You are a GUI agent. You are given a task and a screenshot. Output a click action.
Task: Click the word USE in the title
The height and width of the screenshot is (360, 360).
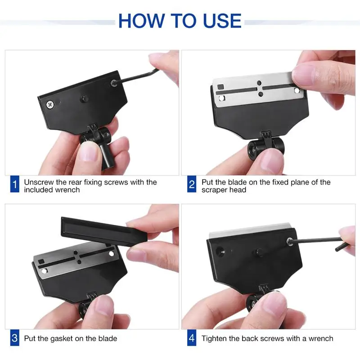(222, 21)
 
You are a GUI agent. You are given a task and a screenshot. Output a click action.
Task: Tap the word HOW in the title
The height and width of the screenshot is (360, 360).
(142, 21)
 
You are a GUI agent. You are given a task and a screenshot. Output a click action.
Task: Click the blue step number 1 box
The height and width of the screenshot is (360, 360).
(15, 184)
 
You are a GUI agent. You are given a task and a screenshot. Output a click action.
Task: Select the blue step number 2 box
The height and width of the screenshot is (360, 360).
(192, 184)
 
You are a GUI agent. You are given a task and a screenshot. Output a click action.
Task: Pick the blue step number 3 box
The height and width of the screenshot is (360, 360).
(15, 338)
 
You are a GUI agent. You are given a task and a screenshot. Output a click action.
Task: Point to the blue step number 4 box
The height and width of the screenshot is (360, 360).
(192, 338)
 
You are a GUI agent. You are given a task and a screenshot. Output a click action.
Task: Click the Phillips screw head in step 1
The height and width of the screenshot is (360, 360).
(50, 105)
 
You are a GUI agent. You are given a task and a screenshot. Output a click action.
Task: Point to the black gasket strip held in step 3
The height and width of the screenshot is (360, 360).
(103, 231)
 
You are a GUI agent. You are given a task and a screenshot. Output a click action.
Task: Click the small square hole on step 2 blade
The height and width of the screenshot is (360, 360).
(220, 87)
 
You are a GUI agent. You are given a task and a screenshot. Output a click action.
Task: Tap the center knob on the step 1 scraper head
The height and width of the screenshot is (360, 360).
(85, 99)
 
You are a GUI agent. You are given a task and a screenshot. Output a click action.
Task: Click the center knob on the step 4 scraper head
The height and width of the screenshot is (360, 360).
(259, 252)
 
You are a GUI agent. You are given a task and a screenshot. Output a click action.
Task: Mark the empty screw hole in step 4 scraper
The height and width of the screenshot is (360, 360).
(221, 251)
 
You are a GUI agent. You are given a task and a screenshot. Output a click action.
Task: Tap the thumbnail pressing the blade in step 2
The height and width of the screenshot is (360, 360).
(303, 75)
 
